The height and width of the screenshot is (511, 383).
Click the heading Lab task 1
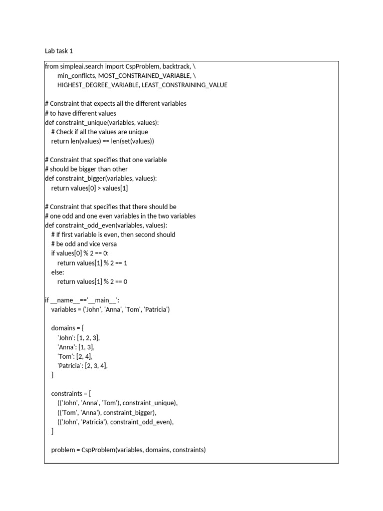(x=59, y=51)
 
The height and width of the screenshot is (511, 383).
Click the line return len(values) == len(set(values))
(x=103, y=141)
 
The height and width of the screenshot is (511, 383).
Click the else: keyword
(x=57, y=272)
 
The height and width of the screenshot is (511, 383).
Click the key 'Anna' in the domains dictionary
(x=66, y=347)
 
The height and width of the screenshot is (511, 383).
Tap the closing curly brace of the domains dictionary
(x=53, y=375)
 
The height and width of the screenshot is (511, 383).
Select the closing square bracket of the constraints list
(x=52, y=431)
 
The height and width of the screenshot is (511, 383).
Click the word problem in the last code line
(x=63, y=450)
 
